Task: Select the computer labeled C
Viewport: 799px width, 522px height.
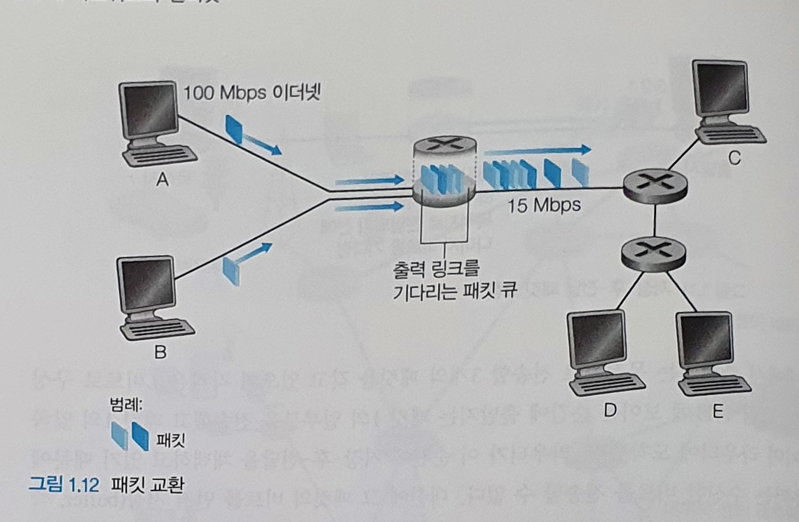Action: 725,102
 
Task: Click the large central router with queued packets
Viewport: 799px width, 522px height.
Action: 444,172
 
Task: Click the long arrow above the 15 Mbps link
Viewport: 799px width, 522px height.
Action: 537,150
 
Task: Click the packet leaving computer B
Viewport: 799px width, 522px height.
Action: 231,269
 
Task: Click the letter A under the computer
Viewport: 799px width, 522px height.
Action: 162,181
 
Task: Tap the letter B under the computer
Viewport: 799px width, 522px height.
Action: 161,353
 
